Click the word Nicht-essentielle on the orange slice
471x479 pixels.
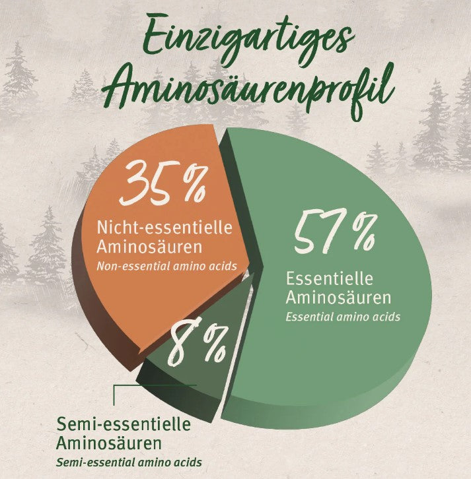pos(164,228)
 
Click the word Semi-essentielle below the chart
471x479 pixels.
pos(124,423)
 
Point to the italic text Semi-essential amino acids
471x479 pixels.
pos(129,463)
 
